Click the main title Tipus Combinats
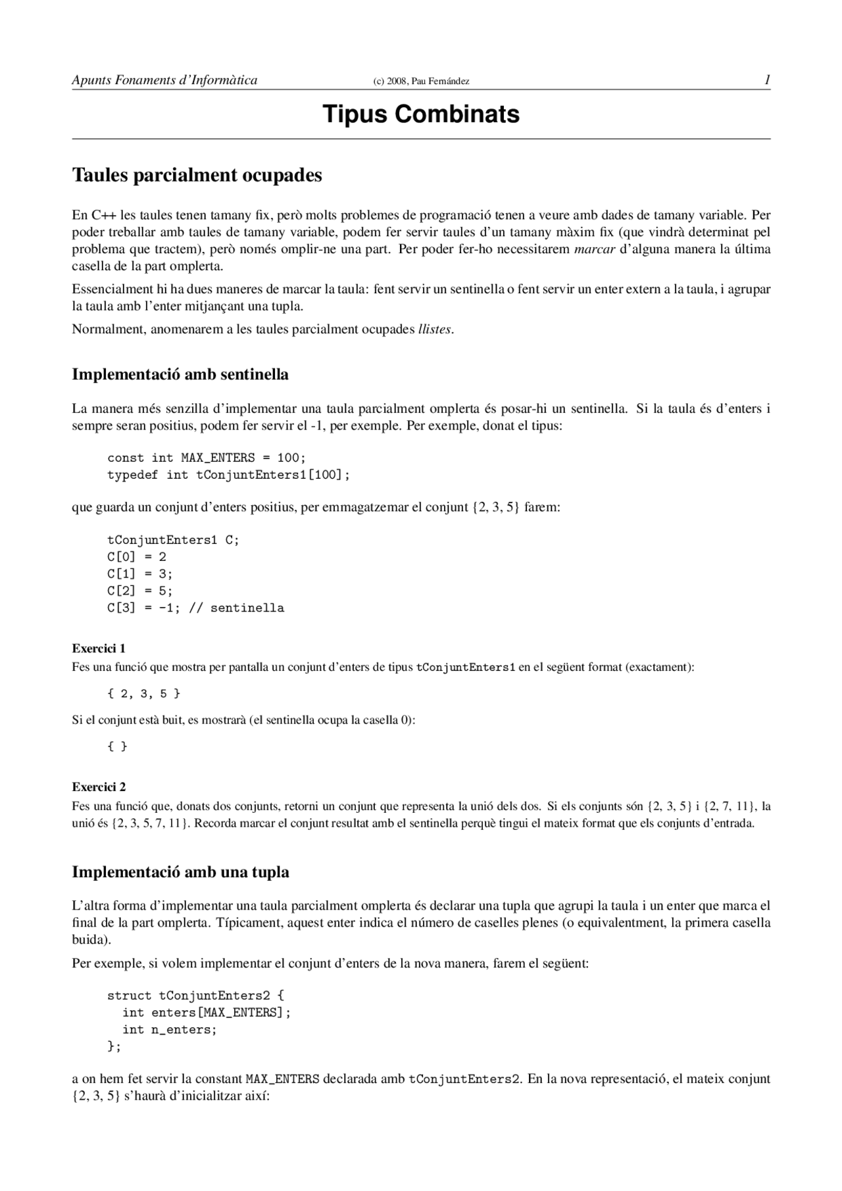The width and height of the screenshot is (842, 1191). point(420,114)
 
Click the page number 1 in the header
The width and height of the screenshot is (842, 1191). point(766,80)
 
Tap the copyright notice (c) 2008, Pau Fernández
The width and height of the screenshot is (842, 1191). point(421,82)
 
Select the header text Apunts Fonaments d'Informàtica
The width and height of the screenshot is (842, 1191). point(164,80)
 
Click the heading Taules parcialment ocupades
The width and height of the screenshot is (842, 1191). point(197,176)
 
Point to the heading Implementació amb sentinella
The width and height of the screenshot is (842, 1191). point(180,375)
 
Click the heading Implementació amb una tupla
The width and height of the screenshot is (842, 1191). point(180,873)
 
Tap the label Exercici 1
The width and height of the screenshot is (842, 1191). point(99,648)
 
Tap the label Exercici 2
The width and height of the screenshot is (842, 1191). point(99,787)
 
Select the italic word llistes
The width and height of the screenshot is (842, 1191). point(435,329)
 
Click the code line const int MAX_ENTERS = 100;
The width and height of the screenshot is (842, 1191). point(207,458)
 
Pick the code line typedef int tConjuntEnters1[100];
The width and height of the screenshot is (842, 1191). point(228,475)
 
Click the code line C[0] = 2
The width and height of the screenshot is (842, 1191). point(137,557)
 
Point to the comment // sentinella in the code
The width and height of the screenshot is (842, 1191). point(236,608)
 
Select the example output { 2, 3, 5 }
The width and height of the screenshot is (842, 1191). point(143,694)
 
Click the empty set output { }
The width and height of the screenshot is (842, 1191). point(117,746)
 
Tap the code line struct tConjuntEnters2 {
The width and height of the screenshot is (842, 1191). point(195,996)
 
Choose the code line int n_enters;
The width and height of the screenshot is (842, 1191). point(169,1030)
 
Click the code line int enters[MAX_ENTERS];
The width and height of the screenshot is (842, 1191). point(206,1013)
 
